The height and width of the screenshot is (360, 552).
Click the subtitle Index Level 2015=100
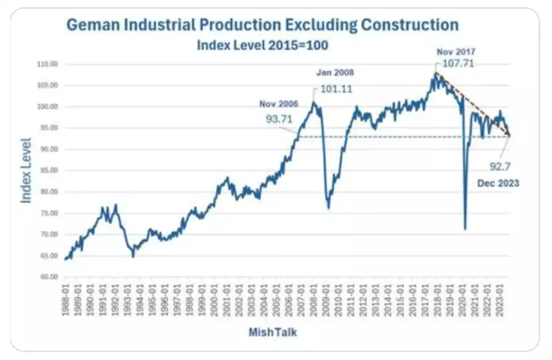pos(262,45)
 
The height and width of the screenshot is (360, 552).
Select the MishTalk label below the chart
pos(272,332)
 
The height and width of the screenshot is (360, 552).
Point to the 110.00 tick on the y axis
pos(47,64)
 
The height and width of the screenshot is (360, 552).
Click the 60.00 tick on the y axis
pos(48,277)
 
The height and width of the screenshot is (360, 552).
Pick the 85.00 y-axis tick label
pos(48,170)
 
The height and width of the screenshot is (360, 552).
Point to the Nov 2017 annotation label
pos(456,52)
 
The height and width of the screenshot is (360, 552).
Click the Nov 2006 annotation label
pos(279,104)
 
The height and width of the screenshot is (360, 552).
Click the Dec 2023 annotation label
pos(498,183)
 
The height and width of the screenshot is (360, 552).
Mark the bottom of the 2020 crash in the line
pos(465,229)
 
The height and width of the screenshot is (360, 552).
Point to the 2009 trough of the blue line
pos(328,207)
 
